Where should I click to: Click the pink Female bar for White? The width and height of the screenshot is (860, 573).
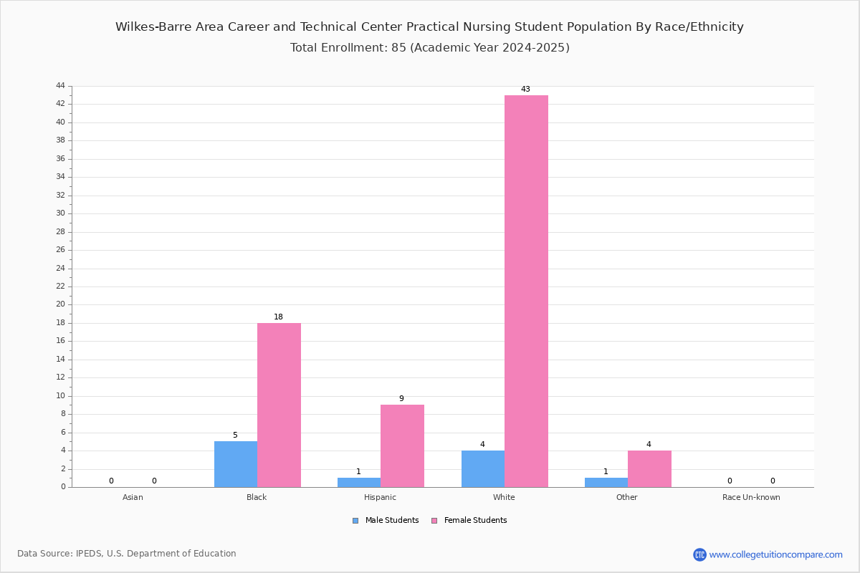[x=526, y=292]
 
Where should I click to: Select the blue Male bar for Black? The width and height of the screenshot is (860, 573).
[x=236, y=464]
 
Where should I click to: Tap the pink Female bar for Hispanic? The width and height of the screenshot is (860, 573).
[x=402, y=446]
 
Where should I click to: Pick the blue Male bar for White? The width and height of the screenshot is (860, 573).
[x=483, y=469]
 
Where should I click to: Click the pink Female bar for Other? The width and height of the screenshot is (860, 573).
[x=649, y=469]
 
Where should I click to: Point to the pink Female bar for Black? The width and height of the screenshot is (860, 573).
[x=279, y=405]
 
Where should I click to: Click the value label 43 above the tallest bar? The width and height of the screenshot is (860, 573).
[x=525, y=89]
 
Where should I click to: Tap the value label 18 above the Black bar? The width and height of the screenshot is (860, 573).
[x=278, y=317]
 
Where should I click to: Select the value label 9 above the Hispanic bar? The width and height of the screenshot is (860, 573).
[x=401, y=398]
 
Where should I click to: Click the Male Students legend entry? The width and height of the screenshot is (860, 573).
[x=386, y=520]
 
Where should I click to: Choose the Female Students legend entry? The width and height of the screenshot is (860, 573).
[x=469, y=520]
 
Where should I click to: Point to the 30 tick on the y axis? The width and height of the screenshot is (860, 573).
[x=61, y=213]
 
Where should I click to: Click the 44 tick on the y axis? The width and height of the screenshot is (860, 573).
[x=61, y=85]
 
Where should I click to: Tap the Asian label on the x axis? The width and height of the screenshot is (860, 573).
[x=133, y=497]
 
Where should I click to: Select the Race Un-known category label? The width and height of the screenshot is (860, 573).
[x=751, y=497]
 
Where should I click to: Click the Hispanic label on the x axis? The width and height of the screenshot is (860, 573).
[x=380, y=497]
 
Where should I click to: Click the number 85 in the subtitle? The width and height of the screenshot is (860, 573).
[x=398, y=47]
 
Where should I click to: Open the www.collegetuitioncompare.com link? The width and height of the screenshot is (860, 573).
[x=775, y=554]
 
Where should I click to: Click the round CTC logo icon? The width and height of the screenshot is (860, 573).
[x=699, y=554]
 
